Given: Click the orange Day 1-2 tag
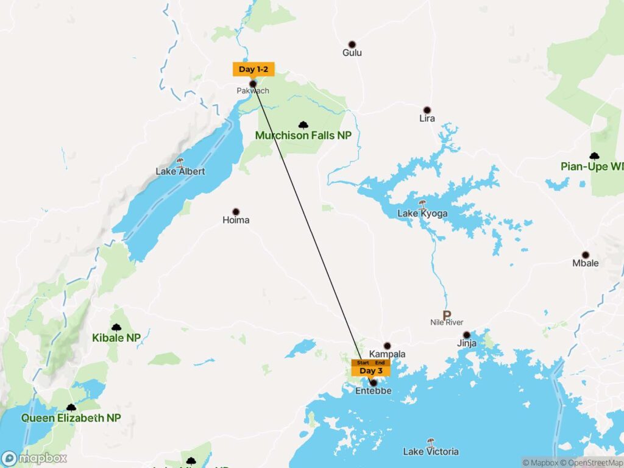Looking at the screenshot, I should [253, 69].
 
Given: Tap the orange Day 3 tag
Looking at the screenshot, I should [370, 370].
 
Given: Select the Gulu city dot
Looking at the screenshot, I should [352, 44].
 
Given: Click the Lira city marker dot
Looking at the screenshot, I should [427, 110].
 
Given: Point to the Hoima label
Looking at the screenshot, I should [236, 220].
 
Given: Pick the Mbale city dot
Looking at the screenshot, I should [586, 255].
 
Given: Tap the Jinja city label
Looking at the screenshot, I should [466, 344].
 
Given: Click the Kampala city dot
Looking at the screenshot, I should [387, 346].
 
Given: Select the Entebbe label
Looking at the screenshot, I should [373, 391].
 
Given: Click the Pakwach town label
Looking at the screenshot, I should [252, 91].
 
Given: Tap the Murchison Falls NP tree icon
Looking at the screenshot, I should [303, 125].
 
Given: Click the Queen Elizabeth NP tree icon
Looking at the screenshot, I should [71, 408].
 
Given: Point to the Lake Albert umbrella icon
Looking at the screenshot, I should [180, 161].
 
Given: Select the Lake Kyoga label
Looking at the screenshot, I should [422, 214].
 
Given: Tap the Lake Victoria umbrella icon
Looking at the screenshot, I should [431, 441].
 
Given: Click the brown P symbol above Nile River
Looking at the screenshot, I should [447, 315].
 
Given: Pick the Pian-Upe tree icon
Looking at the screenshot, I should [594, 156].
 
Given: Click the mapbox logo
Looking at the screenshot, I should [34, 458].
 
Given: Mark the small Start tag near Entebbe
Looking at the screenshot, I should [363, 363].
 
